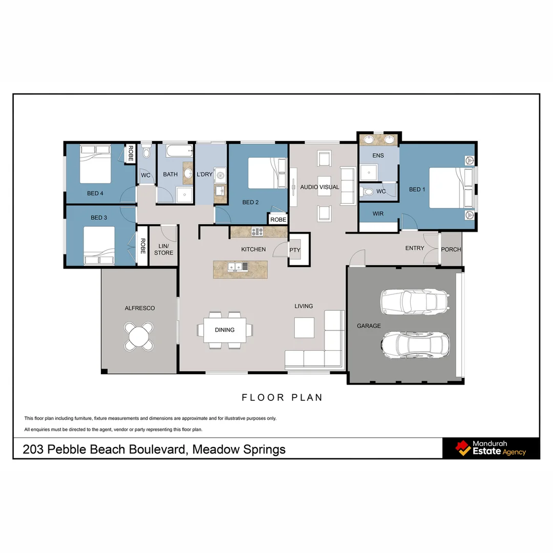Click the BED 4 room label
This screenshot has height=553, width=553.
point(95,193)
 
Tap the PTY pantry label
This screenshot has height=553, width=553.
point(294,250)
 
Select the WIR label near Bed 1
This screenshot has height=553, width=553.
point(378,214)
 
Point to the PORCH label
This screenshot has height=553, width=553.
point(451,249)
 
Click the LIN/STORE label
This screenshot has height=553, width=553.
point(164,249)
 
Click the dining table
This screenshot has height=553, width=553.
point(224,330)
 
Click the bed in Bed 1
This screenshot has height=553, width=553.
point(451,188)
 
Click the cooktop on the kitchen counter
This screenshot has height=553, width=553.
point(257,232)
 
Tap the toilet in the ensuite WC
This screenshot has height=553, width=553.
point(368,192)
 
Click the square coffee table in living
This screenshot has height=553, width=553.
point(304,328)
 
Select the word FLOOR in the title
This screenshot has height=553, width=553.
point(259,397)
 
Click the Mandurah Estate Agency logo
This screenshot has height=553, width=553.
point(491,448)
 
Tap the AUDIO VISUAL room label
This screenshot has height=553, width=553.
point(320,187)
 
